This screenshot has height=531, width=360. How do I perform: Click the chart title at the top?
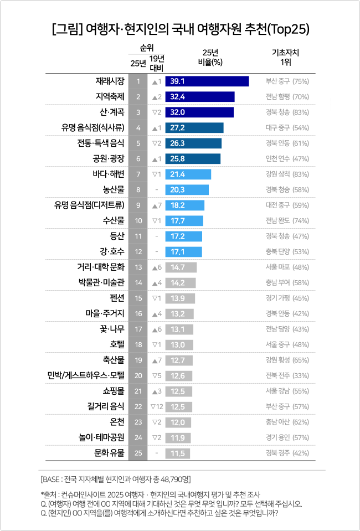(x=180, y=29)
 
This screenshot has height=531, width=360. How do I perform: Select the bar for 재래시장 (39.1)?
(x=207, y=81)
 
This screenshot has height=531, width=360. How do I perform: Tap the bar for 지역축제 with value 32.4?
(x=199, y=97)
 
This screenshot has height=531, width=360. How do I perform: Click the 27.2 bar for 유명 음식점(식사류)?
(x=194, y=128)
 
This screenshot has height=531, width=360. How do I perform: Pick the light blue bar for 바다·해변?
(x=188, y=174)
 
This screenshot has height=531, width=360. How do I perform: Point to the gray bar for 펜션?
(x=180, y=298)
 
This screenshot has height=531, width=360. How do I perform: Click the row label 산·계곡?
(x=109, y=112)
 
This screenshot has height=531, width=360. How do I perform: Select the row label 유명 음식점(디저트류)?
(x=90, y=205)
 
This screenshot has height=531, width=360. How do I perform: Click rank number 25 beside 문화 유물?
(x=138, y=453)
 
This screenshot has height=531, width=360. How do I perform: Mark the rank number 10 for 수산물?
(x=138, y=221)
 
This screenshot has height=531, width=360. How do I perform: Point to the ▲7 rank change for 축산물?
(x=156, y=360)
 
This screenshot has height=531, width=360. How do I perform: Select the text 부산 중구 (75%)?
(x=287, y=81)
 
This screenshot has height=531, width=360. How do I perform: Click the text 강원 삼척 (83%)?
(x=287, y=174)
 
